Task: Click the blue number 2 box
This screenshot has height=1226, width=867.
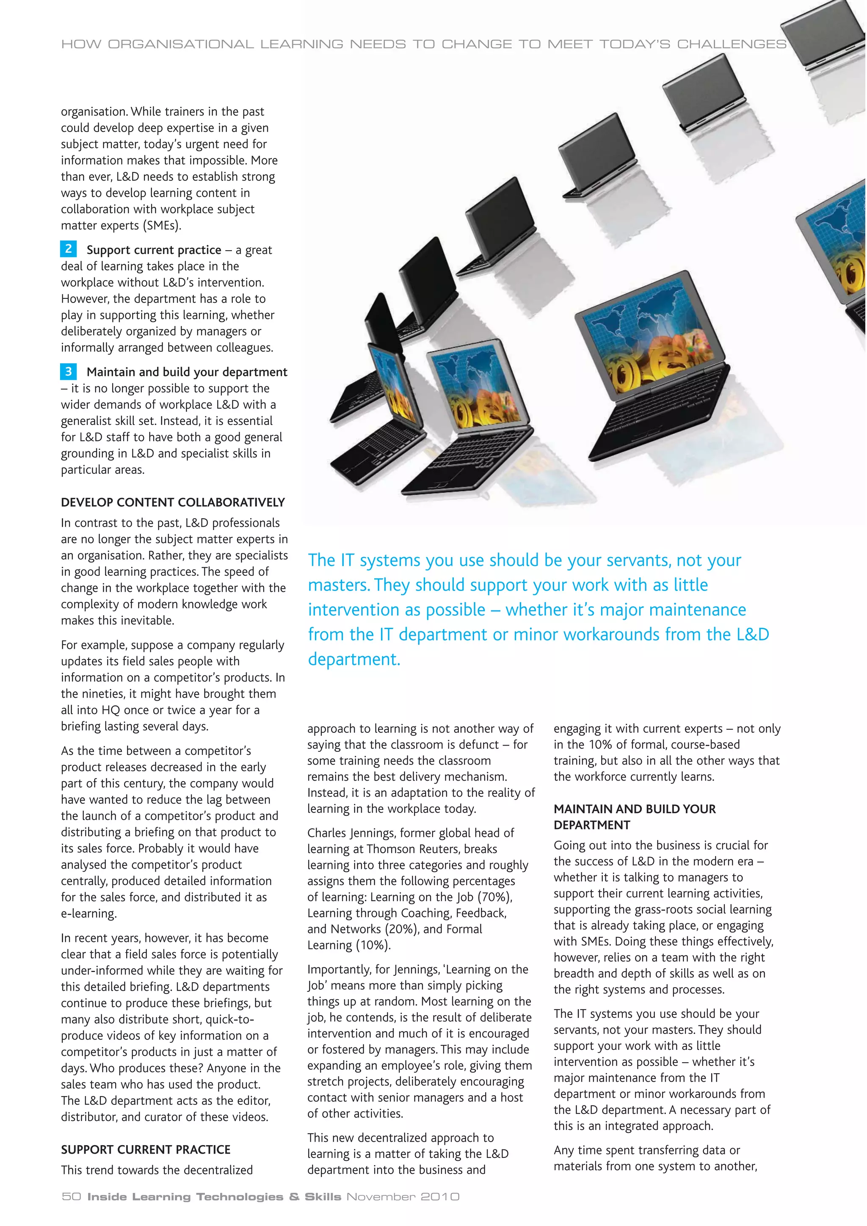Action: (68, 249)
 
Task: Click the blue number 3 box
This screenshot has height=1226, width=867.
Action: (68, 371)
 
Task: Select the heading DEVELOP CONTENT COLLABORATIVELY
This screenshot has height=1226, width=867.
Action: (173, 503)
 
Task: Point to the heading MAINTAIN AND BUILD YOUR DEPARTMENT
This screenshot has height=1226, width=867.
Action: (634, 817)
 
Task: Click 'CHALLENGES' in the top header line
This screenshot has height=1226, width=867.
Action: (732, 44)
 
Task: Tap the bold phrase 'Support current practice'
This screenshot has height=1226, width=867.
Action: (154, 250)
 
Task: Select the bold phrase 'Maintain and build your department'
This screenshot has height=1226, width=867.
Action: (187, 372)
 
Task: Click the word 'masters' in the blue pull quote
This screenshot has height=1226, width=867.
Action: (339, 585)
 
